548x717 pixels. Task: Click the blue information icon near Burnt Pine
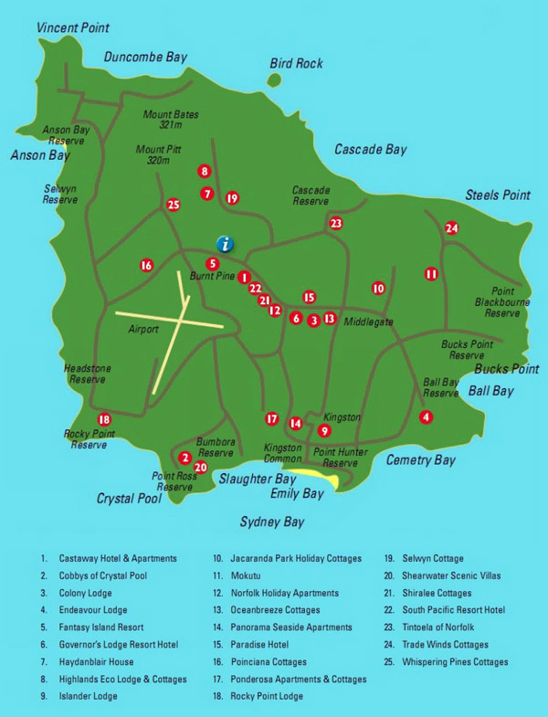pos(225,243)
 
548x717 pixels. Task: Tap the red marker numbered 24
pos(451,228)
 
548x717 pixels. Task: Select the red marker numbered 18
pos(104,418)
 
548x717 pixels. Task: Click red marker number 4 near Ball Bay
pos(426,416)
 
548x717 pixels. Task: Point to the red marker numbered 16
pos(146,266)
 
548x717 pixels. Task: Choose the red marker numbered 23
pos(336,223)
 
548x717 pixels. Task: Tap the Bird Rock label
pos(296,63)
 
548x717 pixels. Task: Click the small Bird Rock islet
pos(274,80)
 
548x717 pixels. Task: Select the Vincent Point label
pos(73,28)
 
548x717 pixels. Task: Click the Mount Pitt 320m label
pos(153,154)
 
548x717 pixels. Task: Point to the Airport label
pos(143,329)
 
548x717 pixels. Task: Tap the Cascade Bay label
pos(370,149)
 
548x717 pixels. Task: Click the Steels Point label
pos(498,195)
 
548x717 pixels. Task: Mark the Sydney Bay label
pos(272,522)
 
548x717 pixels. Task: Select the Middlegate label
pos(368,322)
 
